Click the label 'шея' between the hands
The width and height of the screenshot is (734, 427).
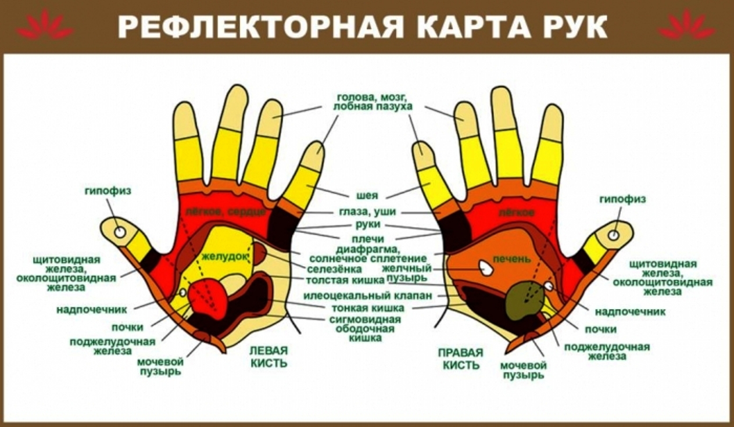pos(367,195)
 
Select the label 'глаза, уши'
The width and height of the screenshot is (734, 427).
pos(367,211)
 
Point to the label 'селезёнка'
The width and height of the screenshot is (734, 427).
pos(334,269)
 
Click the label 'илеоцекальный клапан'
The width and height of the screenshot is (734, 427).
pos(368,296)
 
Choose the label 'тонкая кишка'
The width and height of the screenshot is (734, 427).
pos(368,308)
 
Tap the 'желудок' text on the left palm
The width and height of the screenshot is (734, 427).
pos(224,257)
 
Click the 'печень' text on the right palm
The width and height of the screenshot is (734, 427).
pos(512,259)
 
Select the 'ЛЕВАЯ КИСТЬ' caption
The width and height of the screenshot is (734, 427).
pos(268,357)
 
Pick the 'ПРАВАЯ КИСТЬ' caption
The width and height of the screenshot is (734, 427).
pos(461,358)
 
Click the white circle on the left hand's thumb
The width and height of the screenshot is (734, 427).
pos(120,232)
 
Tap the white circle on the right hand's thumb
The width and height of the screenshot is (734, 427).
pos(614,235)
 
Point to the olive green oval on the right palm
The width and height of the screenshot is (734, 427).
pos(525,300)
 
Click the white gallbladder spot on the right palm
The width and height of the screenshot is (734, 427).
pos(486,268)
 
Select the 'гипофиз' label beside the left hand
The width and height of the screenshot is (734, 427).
pos(108,191)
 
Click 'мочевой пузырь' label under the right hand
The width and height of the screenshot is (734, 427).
pos(523,370)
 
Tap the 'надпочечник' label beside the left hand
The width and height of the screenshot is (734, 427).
pos(91,310)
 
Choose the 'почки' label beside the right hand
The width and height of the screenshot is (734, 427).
pos(601,329)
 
